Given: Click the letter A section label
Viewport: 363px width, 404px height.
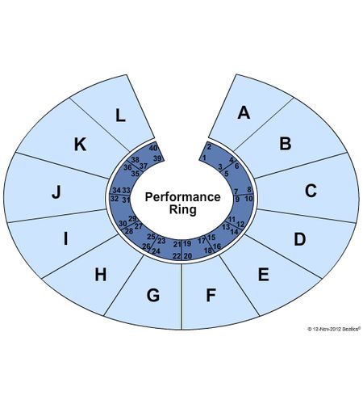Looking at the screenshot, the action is [244, 112].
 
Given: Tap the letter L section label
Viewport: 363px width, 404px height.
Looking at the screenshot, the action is [120, 116].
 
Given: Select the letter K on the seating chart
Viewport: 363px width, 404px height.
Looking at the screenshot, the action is [80, 144].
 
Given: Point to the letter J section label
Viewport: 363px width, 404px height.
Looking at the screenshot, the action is [56, 192].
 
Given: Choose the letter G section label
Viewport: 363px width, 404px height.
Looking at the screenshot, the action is [153, 295].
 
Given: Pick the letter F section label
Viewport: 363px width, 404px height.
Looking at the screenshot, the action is [211, 295].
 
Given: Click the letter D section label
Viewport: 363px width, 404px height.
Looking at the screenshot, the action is [300, 239].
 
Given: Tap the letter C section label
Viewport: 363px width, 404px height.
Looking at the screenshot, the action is [311, 191].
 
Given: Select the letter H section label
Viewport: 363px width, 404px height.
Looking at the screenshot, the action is [101, 275].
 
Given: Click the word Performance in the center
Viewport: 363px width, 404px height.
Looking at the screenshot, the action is [183, 197].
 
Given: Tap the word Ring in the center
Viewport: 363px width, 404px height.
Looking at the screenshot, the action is [183, 209].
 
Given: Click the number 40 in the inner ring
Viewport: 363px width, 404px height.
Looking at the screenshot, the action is [153, 148].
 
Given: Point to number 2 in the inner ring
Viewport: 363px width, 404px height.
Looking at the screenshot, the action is [209, 147].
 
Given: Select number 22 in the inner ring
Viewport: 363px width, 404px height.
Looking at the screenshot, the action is [177, 256].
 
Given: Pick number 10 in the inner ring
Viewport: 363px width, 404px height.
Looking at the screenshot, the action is [249, 199].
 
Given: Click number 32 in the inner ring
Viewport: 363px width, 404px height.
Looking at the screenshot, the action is [115, 199].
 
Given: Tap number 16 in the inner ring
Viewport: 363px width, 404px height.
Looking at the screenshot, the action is [217, 246].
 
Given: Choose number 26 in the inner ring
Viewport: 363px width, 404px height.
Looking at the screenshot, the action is [146, 246].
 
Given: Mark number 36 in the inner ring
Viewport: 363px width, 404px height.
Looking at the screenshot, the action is [127, 167].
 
